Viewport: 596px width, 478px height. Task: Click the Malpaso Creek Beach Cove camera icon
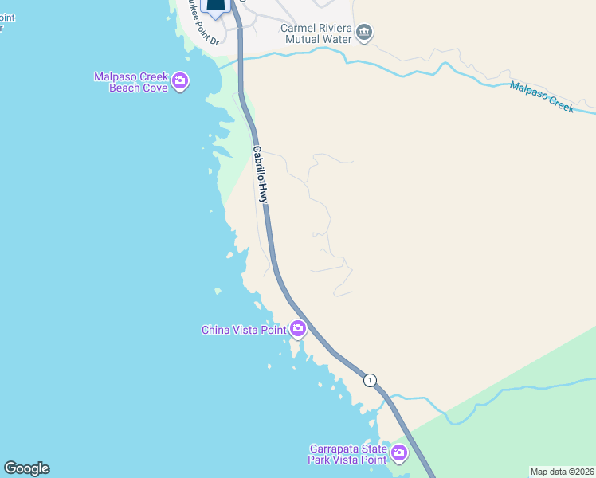click(x=180, y=80)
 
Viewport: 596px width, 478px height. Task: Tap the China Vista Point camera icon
click(x=297, y=328)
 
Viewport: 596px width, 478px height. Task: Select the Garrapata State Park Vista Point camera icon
click(x=398, y=454)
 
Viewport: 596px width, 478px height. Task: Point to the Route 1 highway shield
click(x=370, y=380)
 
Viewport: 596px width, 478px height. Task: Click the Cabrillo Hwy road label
click(x=260, y=174)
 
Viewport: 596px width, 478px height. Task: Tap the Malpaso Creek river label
click(x=542, y=97)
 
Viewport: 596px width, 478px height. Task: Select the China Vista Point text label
click(x=243, y=329)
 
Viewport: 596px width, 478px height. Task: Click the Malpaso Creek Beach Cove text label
click(x=131, y=82)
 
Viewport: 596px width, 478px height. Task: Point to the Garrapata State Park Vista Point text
click(x=347, y=454)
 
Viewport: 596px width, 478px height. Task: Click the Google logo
click(x=26, y=468)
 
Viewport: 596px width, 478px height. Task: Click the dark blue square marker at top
click(x=216, y=5)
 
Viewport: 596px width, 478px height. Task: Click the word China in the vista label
click(x=217, y=329)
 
